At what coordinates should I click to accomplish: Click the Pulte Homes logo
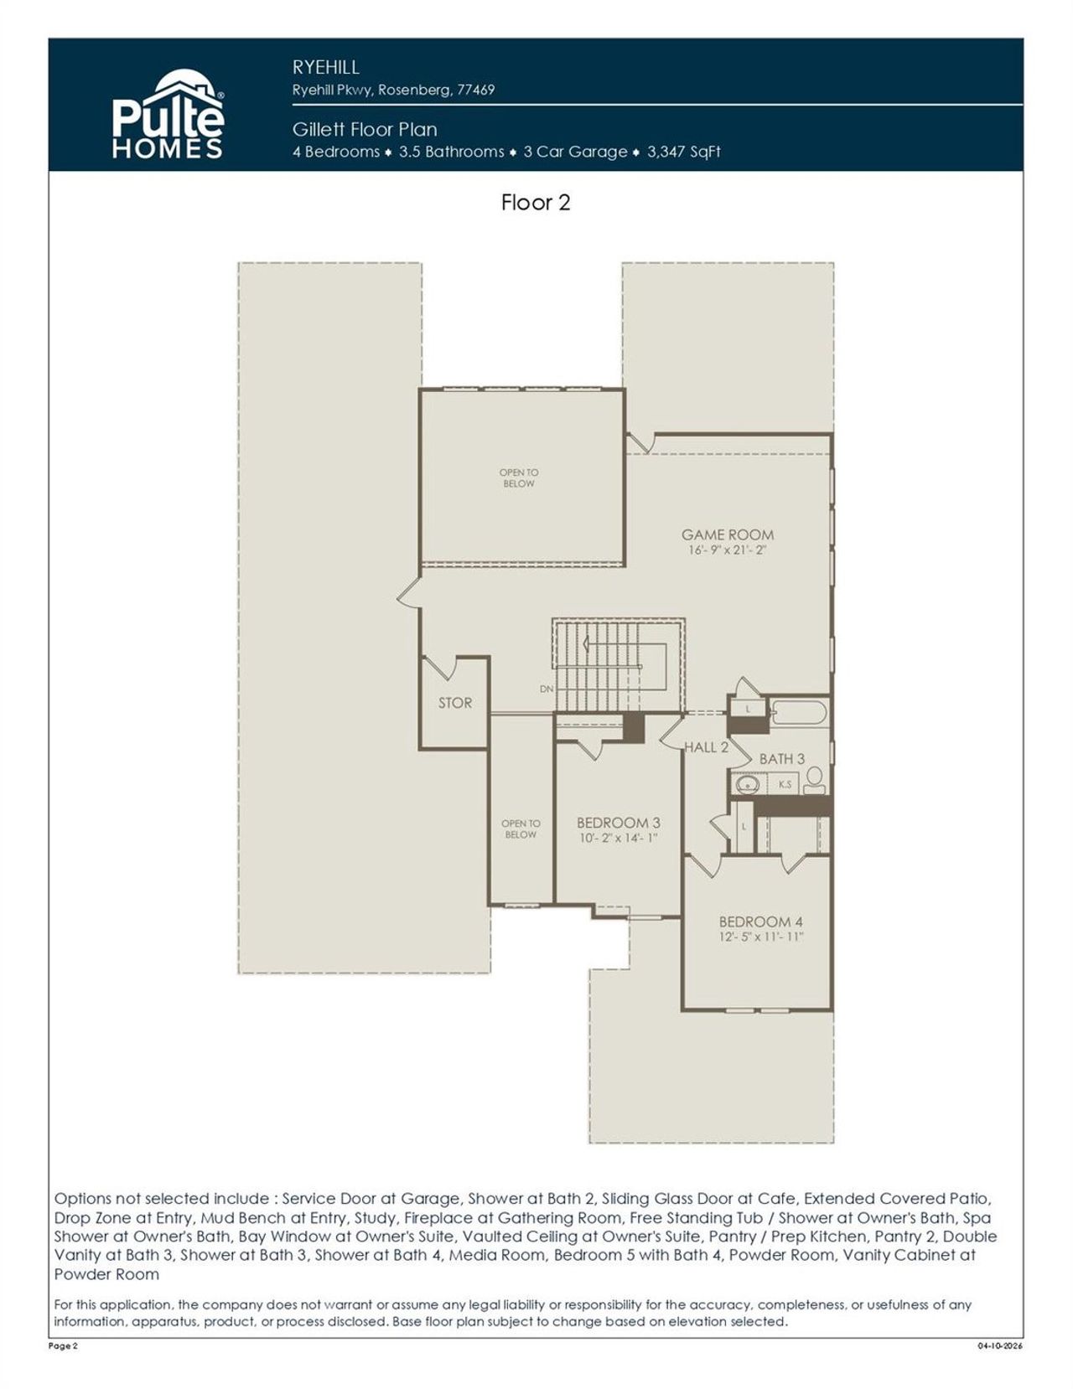(168, 116)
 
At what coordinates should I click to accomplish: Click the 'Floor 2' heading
(536, 203)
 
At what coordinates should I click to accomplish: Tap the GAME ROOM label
(727, 534)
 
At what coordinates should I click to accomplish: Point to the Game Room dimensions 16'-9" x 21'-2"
(727, 550)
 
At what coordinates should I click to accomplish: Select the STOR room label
(455, 703)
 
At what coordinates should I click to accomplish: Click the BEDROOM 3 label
(618, 823)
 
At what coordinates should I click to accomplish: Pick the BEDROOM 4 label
(760, 922)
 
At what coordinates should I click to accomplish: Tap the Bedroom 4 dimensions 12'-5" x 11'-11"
(760, 937)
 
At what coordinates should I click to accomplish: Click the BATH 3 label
(781, 759)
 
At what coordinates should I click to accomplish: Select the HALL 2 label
(707, 747)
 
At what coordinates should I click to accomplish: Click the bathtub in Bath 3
(799, 714)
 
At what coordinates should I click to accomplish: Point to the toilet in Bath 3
(814, 780)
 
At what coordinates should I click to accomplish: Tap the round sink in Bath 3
(746, 785)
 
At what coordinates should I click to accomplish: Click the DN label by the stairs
(547, 689)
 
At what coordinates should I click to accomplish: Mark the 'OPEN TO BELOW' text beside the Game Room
(519, 478)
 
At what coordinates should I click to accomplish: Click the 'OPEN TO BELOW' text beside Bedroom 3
(521, 829)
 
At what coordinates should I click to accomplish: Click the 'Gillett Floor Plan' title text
(365, 130)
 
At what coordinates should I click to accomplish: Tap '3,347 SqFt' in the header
(684, 152)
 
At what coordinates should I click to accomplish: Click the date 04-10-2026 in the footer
(1000, 1346)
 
